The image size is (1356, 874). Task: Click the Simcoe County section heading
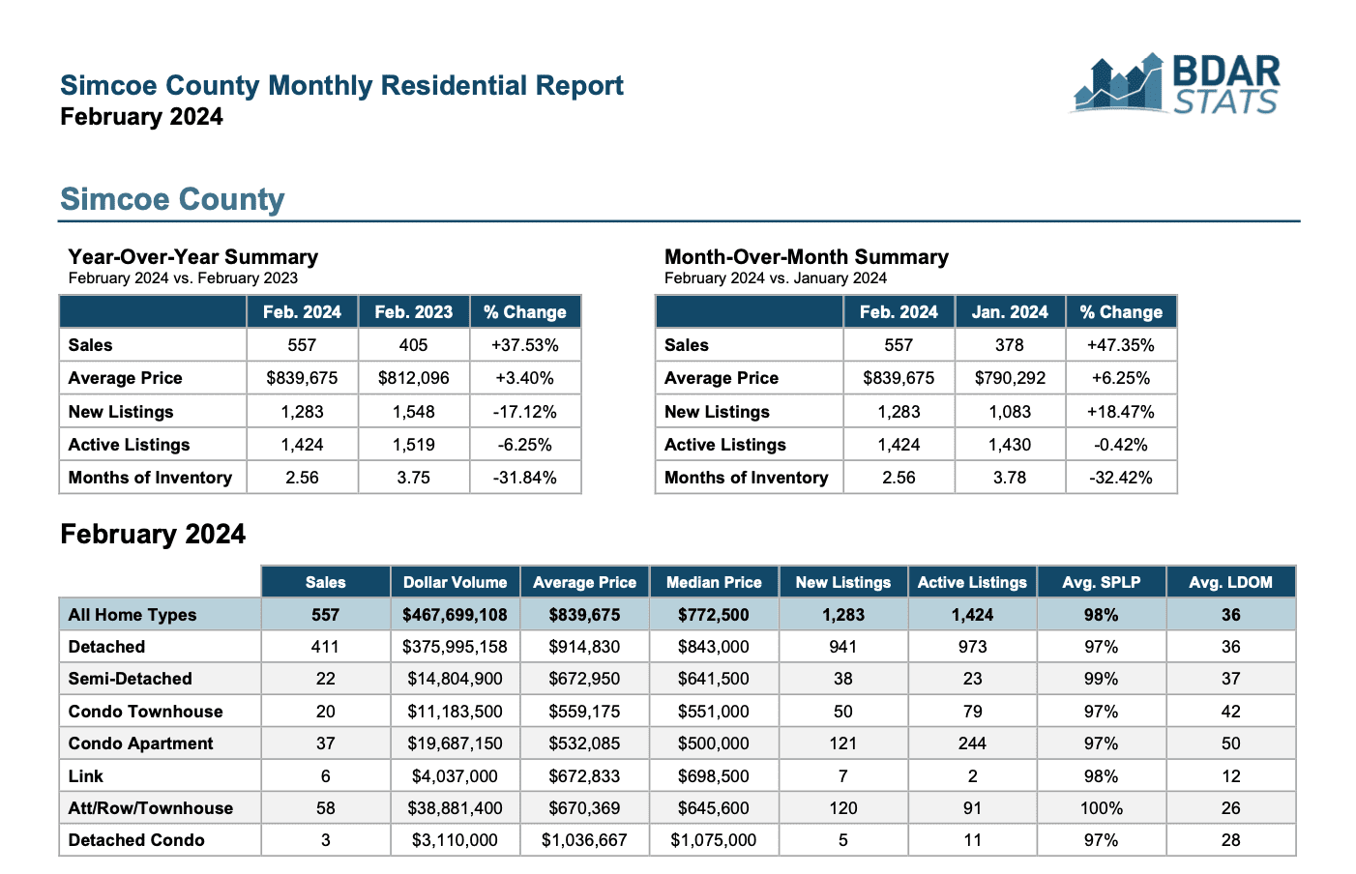172,199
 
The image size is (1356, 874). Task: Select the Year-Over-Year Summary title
193,256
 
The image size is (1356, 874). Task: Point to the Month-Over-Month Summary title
807,256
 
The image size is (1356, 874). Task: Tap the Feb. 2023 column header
413,311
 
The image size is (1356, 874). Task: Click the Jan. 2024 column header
1010,311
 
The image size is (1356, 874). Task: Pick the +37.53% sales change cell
525,345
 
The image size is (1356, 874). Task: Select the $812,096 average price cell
413,378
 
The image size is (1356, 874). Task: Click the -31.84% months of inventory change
525,478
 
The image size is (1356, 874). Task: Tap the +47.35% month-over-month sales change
1121,345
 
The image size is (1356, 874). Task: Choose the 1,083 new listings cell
1010,412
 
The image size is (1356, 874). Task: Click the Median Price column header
714,582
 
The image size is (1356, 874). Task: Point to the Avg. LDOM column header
1230,582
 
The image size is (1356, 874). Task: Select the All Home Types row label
132,615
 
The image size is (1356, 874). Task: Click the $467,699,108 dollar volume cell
455,615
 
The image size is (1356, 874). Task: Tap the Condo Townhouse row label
145,712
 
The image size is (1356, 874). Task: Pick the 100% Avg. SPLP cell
1101,808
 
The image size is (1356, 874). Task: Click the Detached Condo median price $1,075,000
714,840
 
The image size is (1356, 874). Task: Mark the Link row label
85,776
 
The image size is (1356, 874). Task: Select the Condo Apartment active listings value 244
972,743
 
